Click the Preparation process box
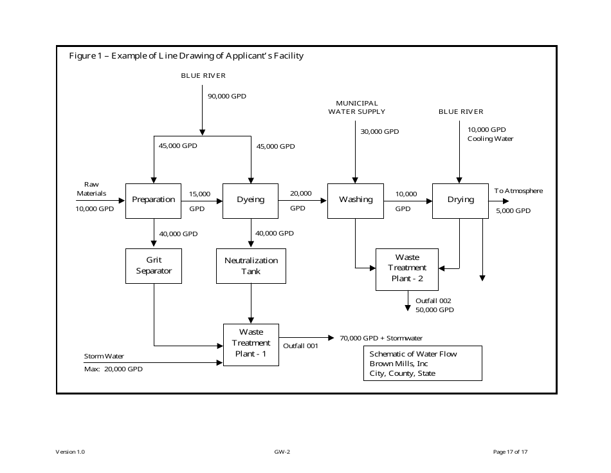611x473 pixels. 154,200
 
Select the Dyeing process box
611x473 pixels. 250,200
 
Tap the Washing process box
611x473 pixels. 356,200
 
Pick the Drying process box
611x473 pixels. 461,200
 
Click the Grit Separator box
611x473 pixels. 154,266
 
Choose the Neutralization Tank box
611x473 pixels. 251,266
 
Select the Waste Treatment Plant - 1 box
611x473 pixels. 251,344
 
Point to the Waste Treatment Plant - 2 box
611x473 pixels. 407,268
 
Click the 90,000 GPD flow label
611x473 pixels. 226,97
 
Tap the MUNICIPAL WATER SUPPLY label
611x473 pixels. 357,107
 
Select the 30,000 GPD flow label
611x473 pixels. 379,132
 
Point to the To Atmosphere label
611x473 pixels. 518,191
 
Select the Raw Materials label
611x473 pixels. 91,189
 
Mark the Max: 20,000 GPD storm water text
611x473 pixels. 113,370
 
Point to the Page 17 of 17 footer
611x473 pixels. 510,452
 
